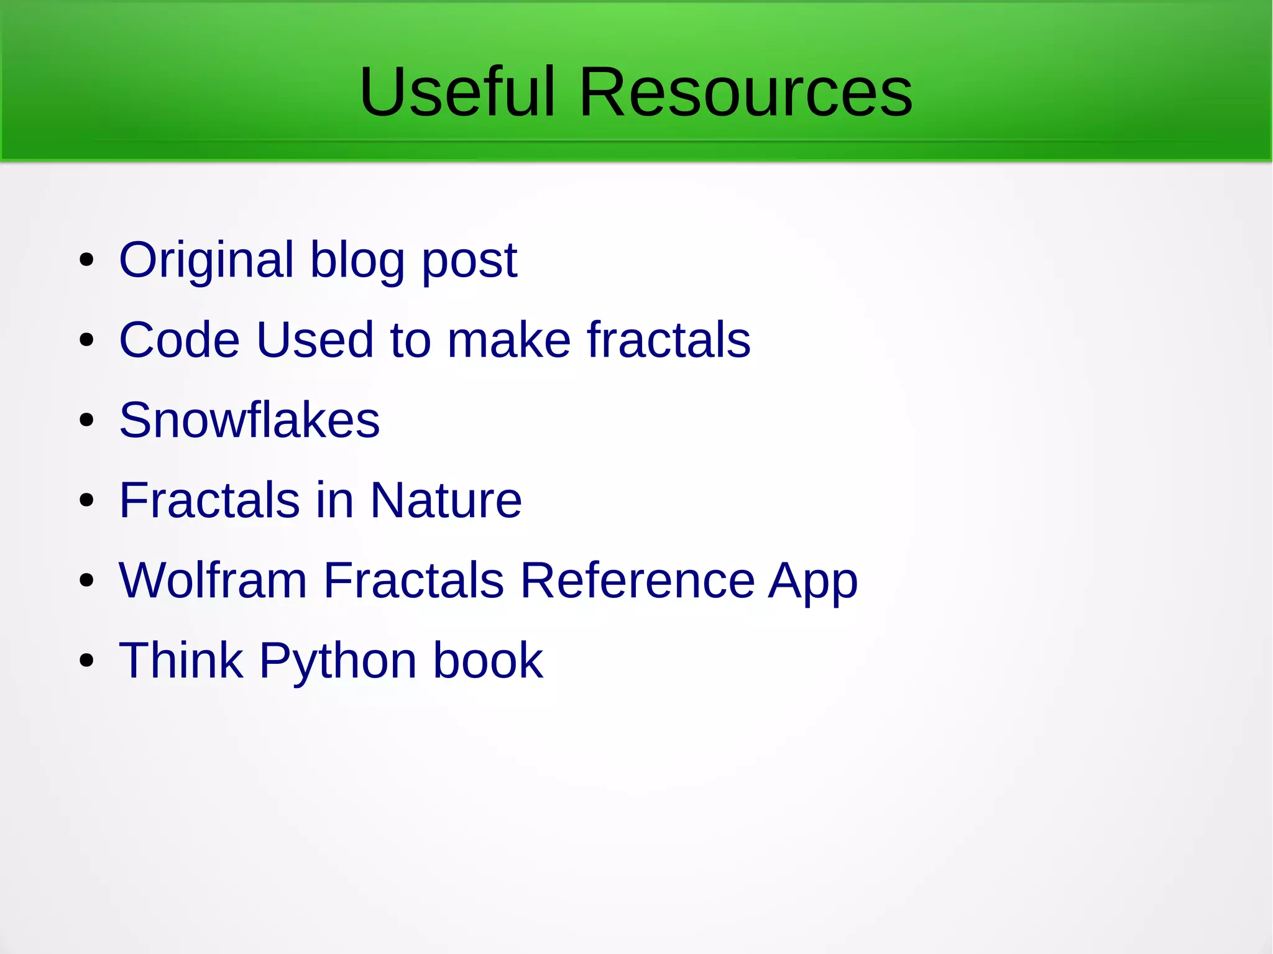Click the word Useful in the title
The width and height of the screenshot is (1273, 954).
tap(457, 92)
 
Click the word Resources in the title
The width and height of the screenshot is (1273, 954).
tap(745, 92)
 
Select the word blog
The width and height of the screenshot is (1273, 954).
tap(357, 260)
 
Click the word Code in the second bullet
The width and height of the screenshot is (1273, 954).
tap(180, 340)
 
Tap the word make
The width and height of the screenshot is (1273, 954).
tap(509, 340)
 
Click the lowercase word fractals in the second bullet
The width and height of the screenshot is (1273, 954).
tap(669, 340)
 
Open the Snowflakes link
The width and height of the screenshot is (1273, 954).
tap(249, 420)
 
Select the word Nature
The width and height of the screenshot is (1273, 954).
tap(446, 500)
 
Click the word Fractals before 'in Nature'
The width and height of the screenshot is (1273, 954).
tap(209, 500)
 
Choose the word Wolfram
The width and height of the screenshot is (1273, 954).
tap(213, 580)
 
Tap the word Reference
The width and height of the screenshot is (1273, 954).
tap(637, 580)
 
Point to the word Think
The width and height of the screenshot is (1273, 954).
tap(181, 660)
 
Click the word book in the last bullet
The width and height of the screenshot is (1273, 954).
tap(488, 660)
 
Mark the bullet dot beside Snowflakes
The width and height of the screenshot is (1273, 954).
tap(86, 420)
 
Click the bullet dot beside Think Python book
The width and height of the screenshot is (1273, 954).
tap(86, 661)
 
